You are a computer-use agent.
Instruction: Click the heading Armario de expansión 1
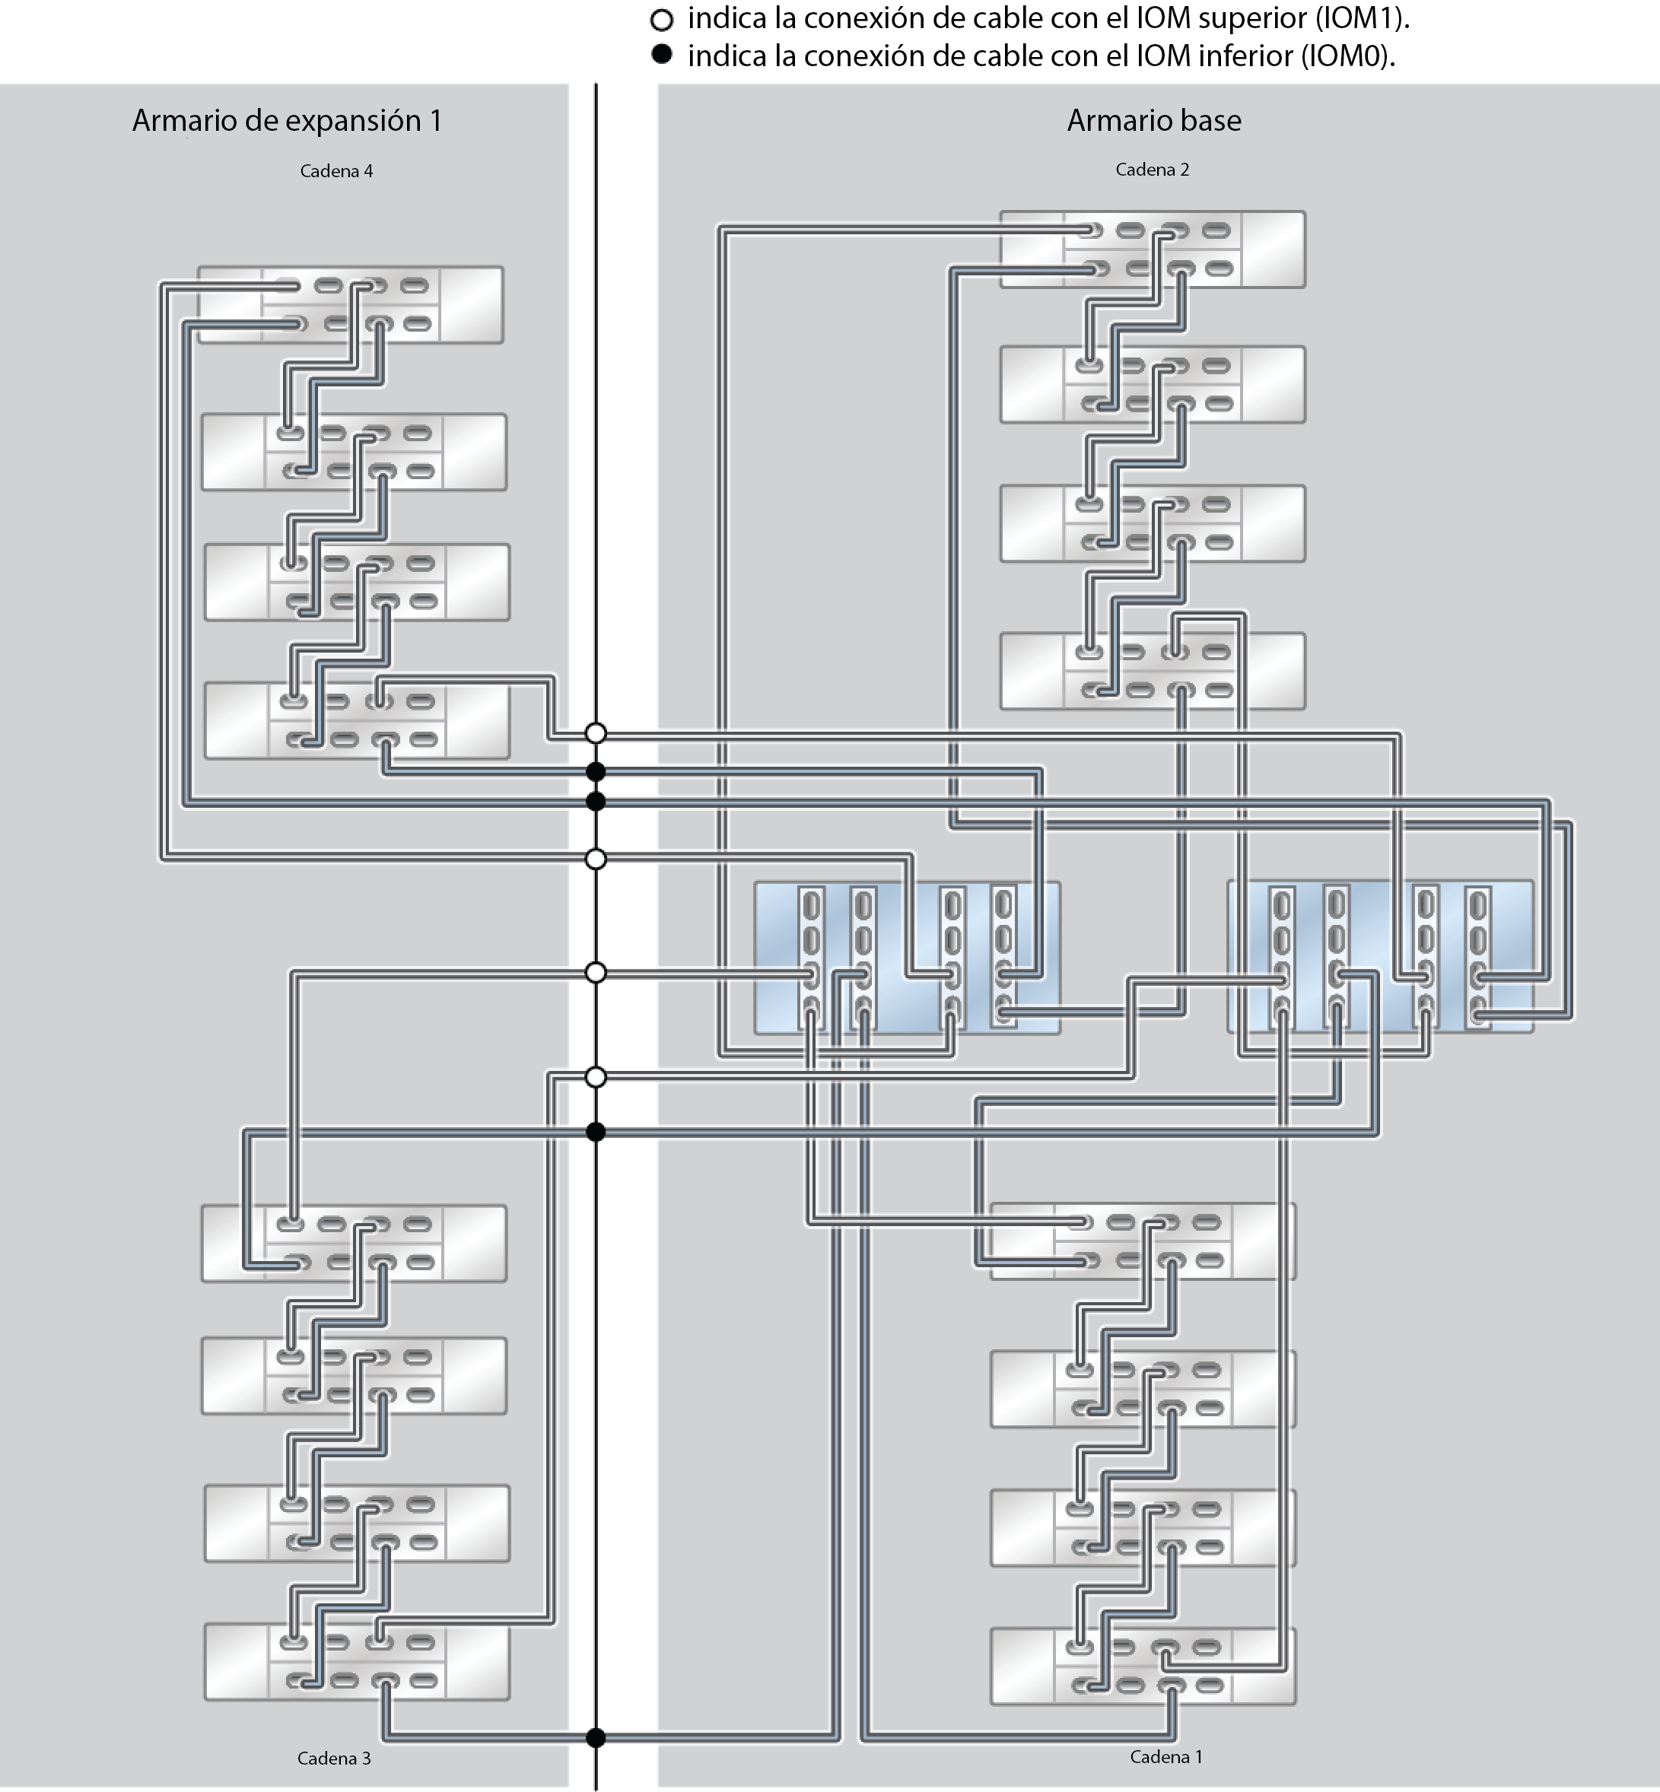[x=287, y=120]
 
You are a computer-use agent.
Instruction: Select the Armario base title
[x=1153, y=119]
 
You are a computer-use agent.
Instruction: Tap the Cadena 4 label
[x=336, y=170]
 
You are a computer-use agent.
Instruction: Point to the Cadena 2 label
[x=1152, y=169]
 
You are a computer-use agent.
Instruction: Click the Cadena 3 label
[x=334, y=1758]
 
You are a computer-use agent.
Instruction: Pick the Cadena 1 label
[x=1166, y=1756]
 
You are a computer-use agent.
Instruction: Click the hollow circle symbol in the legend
[x=662, y=20]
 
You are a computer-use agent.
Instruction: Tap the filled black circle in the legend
[x=662, y=55]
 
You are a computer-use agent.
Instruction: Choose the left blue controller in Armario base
[x=908, y=958]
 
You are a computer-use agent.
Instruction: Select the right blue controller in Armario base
[x=1380, y=956]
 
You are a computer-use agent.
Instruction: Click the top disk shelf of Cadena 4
[x=350, y=304]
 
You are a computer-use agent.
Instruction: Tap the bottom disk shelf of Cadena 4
[x=358, y=720]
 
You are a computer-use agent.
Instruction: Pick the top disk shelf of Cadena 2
[x=1153, y=249]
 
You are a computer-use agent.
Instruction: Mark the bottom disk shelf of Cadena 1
[x=1143, y=1666]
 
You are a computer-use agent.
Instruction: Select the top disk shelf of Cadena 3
[x=354, y=1243]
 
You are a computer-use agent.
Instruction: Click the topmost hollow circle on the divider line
[x=596, y=733]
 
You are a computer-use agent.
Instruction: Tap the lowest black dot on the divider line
[x=596, y=1738]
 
